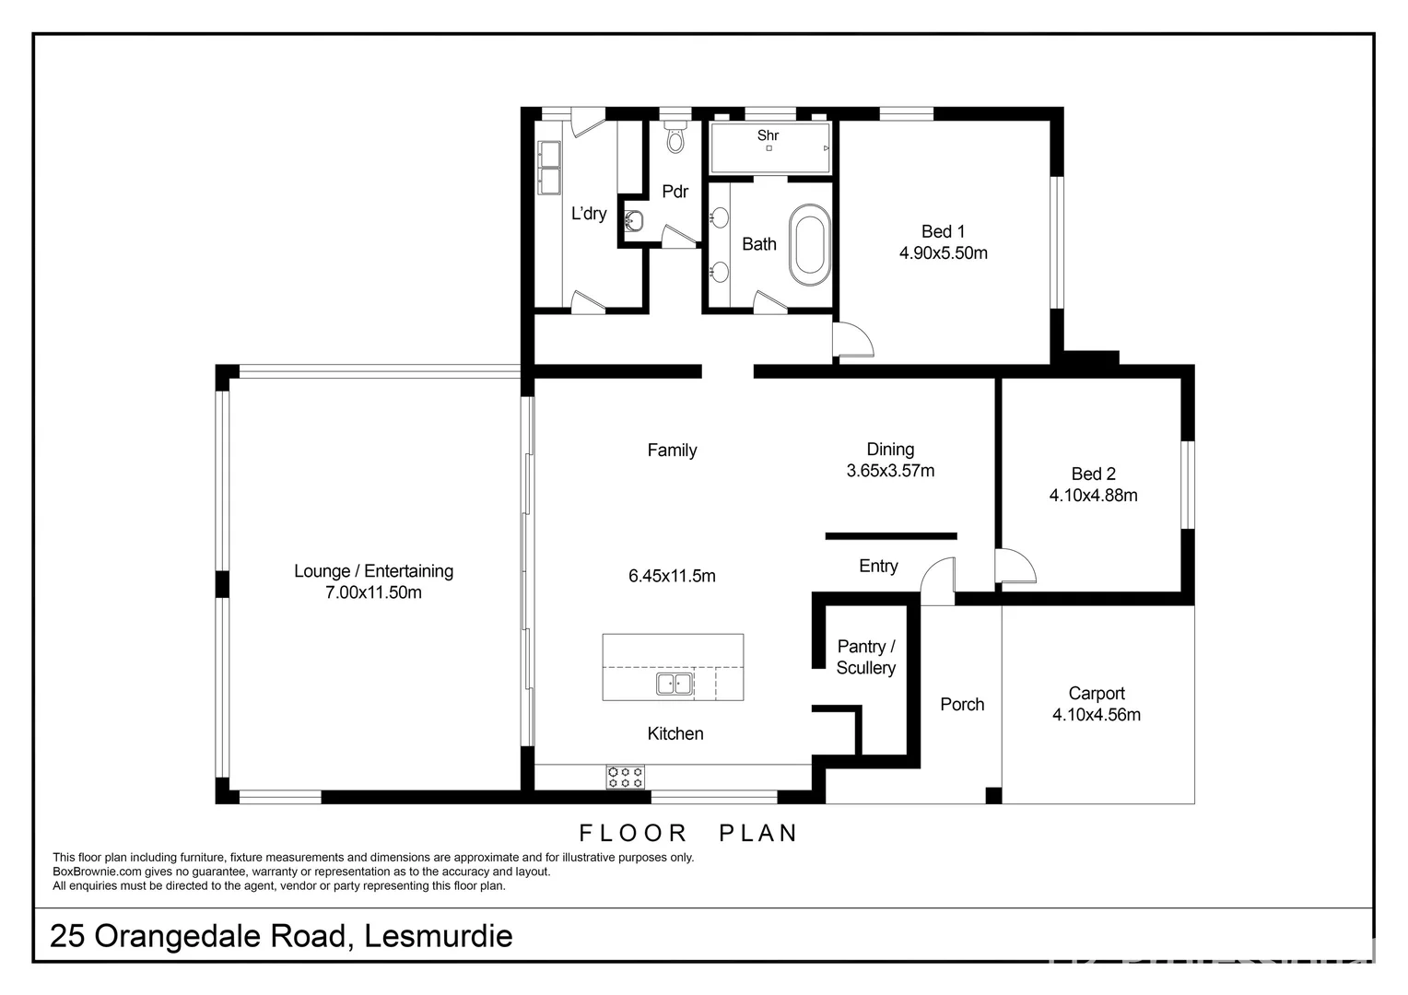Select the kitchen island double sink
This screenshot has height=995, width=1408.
tap(675, 684)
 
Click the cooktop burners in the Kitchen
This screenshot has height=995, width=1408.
tap(625, 777)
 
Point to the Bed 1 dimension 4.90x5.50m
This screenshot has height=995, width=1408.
tap(943, 253)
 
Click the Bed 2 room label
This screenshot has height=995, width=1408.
tap(1093, 474)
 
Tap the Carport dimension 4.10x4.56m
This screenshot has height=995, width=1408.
tap(1096, 715)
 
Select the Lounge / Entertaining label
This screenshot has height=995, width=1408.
tap(373, 571)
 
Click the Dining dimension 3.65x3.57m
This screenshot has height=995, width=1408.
tap(890, 471)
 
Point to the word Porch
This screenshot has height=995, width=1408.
tap(962, 705)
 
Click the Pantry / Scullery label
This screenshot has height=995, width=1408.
tap(865, 658)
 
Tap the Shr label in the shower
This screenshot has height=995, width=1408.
tap(768, 135)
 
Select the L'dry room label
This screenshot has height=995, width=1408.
tap(589, 214)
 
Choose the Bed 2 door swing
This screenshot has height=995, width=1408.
tap(1014, 566)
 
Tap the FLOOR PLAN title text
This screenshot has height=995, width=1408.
tap(687, 833)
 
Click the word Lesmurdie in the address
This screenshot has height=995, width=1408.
tap(438, 936)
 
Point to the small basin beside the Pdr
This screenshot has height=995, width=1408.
tap(633, 221)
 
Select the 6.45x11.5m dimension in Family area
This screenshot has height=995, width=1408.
tap(672, 577)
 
